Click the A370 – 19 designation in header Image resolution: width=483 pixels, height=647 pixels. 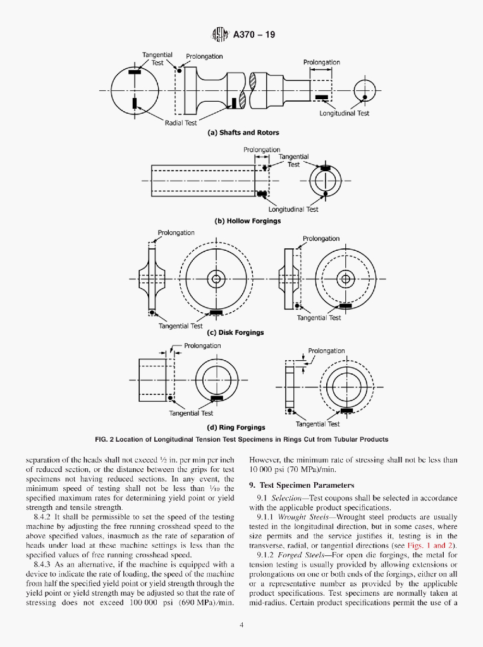[254, 35]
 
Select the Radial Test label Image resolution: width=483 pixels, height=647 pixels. [181, 123]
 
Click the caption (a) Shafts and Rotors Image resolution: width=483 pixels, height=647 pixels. [243, 133]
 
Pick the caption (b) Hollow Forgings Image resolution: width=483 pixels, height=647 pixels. [248, 221]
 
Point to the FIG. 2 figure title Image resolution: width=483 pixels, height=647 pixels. [241, 439]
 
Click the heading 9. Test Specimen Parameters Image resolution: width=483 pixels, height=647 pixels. [302, 485]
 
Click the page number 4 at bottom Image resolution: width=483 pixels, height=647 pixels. [241, 626]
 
